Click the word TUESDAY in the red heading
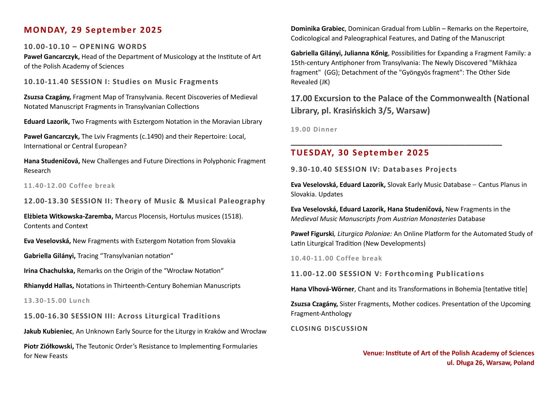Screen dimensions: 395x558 coord(312,153)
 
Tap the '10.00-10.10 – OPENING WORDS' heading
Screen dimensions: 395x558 coord(85,46)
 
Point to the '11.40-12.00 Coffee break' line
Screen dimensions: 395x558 coord(69,186)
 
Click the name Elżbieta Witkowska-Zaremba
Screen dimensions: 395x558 coord(69,216)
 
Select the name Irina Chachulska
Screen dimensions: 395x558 coord(49,271)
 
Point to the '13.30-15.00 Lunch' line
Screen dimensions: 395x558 coord(57,301)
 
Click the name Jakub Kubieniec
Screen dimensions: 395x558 coord(48,331)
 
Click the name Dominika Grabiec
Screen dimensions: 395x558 coord(317,29)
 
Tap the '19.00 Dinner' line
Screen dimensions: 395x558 coord(314,129)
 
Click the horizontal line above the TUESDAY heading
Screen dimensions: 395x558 coord(396,145)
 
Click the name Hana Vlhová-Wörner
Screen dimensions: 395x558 coord(322,289)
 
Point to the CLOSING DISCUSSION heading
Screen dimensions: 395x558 coord(329,329)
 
